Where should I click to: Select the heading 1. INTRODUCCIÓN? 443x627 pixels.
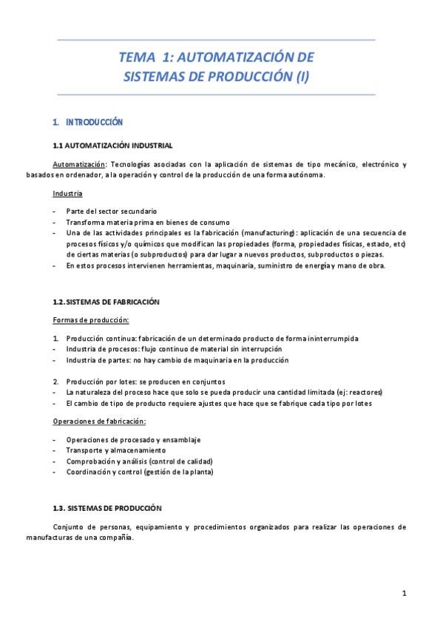88,122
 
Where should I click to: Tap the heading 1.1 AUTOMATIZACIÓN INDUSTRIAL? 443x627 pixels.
113,145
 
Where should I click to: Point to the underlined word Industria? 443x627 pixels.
67,194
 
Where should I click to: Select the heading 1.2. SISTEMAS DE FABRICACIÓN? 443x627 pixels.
106,302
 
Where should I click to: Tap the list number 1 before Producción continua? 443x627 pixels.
55,338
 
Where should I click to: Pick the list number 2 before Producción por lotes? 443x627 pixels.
55,381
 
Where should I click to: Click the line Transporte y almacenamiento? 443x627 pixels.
115,450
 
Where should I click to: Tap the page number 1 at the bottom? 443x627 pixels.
405,593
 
